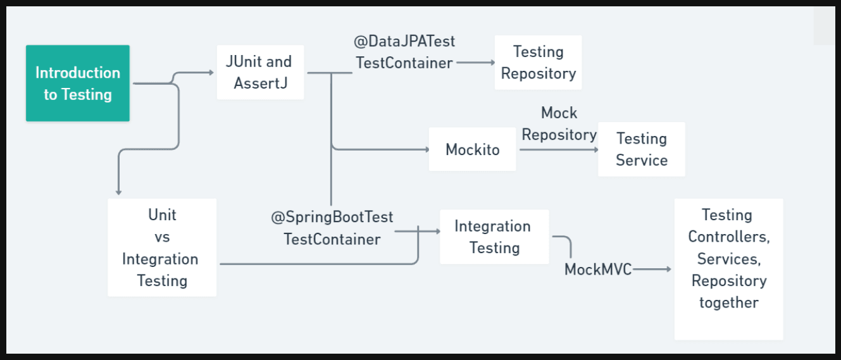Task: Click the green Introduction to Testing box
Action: coord(78,84)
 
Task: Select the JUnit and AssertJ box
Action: coord(260,73)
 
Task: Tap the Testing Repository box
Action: coord(538,62)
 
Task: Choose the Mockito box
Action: coord(472,149)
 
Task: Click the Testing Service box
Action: coord(642,149)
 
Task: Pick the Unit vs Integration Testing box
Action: coord(162,247)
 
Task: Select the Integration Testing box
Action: coord(494,237)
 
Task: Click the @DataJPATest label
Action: coord(404,41)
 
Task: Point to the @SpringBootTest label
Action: coord(332,217)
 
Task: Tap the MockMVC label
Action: coord(598,270)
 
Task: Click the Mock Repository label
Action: coord(559,123)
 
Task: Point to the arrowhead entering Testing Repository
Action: coord(492,63)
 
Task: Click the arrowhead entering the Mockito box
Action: coord(427,149)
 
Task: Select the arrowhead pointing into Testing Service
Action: coord(596,150)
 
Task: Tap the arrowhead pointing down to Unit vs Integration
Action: coord(118,192)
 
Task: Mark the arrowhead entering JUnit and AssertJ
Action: coord(212,73)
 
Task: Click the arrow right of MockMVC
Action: coord(652,269)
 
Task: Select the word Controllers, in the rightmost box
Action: coord(729,237)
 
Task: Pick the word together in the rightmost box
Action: coord(729,302)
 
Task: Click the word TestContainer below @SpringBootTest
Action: coord(332,240)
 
